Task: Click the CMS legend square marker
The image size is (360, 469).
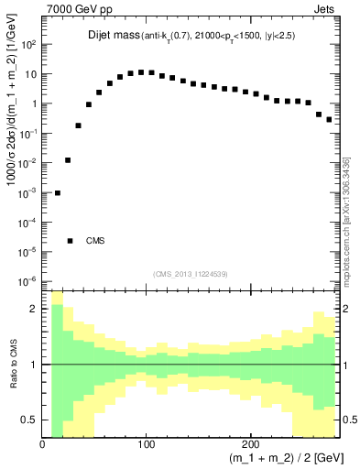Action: coord(70,241)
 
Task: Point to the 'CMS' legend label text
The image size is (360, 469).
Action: coord(96,241)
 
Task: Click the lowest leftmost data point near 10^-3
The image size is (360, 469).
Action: coord(58,193)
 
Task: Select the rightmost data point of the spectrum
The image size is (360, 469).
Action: coord(329,119)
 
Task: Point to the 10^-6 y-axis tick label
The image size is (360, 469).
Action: coord(28,281)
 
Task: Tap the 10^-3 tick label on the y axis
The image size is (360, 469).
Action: coord(28,192)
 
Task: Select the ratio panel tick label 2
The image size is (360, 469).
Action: coord(34,310)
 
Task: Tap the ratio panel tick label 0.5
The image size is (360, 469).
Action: coord(30,420)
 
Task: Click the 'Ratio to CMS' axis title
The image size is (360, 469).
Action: coord(12,365)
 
